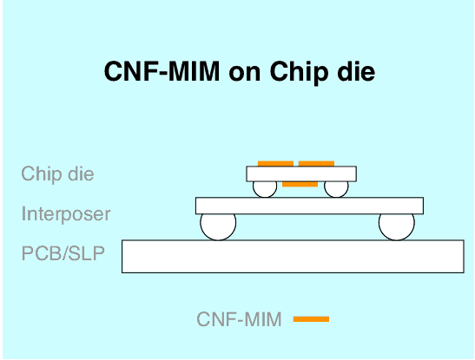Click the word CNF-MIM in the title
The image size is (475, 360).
pos(162,71)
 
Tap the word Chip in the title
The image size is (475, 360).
pos(300,73)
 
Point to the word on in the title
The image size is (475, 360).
pos(245,74)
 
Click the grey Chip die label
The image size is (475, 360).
pos(57,173)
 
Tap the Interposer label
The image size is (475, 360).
pos(66,214)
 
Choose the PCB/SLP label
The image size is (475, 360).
pos(63,253)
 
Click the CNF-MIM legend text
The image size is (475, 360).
pos(239,319)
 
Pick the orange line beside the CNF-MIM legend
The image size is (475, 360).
pos(311,319)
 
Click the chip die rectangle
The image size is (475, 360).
pos(301,174)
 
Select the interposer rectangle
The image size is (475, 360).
pos(309,206)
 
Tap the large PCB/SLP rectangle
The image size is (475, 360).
pos(293,257)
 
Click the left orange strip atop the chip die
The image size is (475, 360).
pos(275,164)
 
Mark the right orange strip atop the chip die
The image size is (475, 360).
pos(316,164)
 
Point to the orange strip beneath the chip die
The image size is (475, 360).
pos(300,184)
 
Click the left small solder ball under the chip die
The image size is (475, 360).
pos(265,189)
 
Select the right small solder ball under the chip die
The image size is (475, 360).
pos(336,189)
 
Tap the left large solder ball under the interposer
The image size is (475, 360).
pos(218,227)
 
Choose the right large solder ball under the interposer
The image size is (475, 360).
pos(397,227)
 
